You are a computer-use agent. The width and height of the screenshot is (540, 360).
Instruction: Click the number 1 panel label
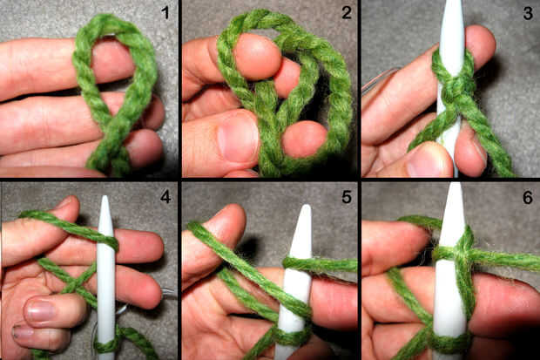pyautogui.click(x=165, y=13)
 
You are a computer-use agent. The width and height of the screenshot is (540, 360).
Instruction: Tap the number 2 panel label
pyautogui.click(x=347, y=13)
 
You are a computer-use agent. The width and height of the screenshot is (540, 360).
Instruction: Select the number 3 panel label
pyautogui.click(x=528, y=13)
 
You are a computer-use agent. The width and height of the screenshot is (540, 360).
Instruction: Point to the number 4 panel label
pyautogui.click(x=165, y=197)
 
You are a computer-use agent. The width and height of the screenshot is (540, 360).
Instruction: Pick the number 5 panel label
pyautogui.click(x=347, y=197)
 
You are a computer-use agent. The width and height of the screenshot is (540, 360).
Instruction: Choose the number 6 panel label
pyautogui.click(x=528, y=197)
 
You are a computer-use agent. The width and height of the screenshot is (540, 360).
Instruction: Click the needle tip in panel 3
pyautogui.click(x=452, y=2)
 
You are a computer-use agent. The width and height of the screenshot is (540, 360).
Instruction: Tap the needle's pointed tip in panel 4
pyautogui.click(x=105, y=196)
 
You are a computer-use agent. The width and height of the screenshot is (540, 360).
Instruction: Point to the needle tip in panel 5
pyautogui.click(x=307, y=206)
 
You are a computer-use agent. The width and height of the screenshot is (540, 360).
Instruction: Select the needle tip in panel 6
pyautogui.click(x=456, y=184)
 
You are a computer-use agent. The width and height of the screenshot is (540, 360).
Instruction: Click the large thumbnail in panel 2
pyautogui.click(x=238, y=139)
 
